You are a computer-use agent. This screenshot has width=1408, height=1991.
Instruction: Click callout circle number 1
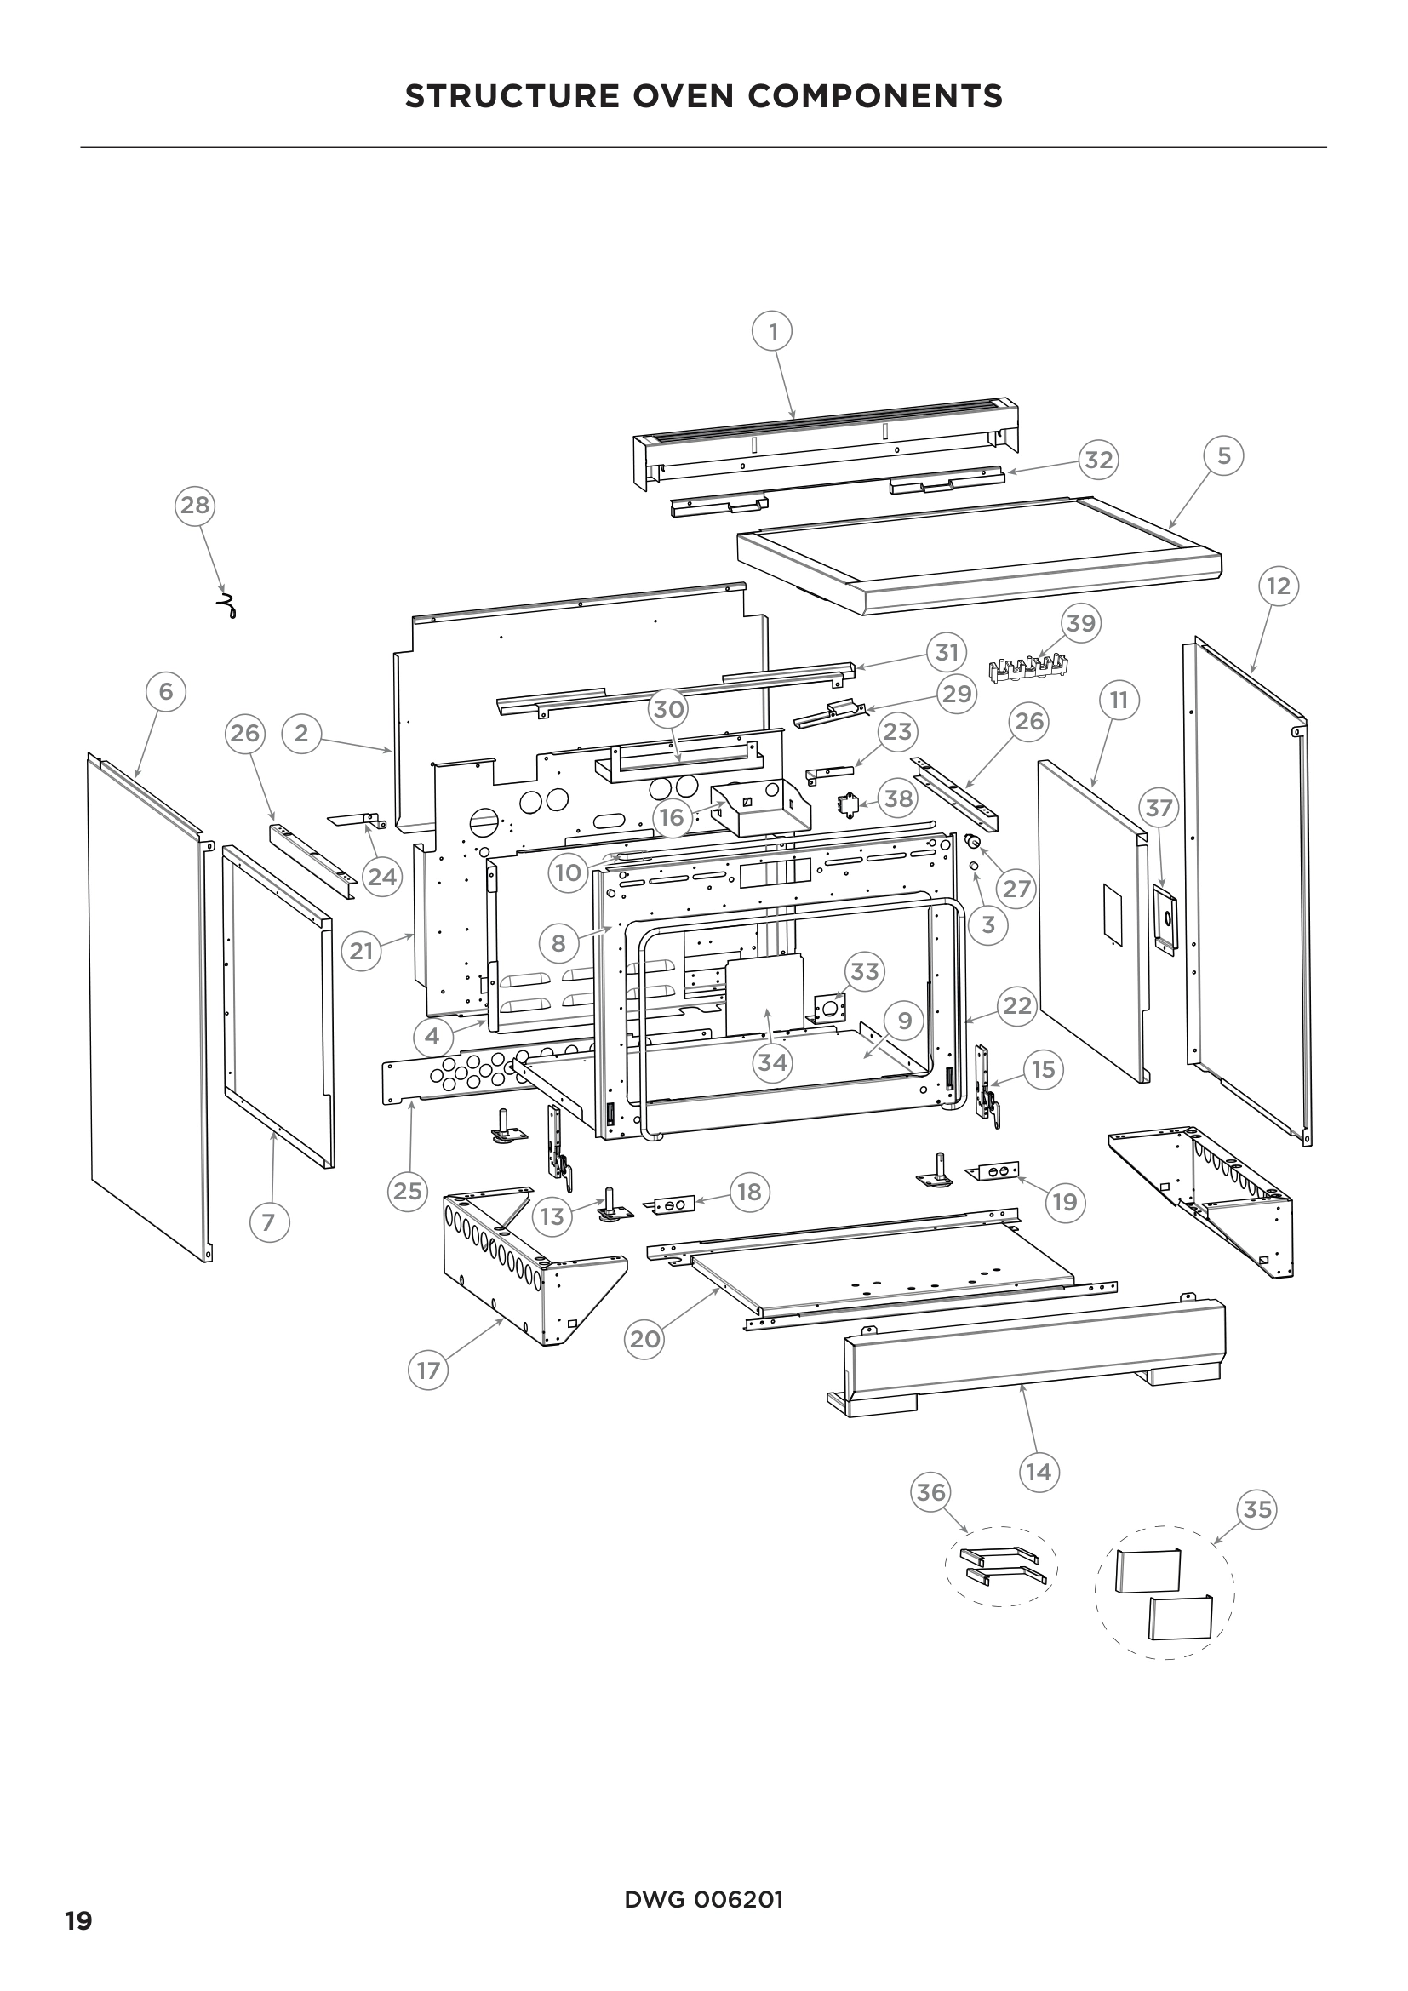click(x=772, y=331)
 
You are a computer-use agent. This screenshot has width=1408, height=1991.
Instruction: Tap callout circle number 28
click(x=195, y=505)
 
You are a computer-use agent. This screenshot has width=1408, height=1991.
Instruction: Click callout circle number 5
click(x=1223, y=456)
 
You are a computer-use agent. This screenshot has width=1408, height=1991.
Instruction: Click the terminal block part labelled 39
click(x=1029, y=667)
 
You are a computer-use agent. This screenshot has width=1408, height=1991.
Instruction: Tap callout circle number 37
click(x=1159, y=808)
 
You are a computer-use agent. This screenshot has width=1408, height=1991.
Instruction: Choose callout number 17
click(x=428, y=1371)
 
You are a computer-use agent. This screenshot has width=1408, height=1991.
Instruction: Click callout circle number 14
click(x=1038, y=1472)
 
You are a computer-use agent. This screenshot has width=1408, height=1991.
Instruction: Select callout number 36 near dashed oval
click(x=930, y=1492)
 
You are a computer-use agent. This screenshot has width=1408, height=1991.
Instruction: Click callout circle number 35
click(x=1257, y=1510)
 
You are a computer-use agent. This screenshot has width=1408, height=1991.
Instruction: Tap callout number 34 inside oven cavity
click(x=772, y=1062)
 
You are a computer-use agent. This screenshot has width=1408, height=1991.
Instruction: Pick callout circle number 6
click(x=166, y=691)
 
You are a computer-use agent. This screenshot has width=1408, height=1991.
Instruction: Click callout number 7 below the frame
click(x=269, y=1222)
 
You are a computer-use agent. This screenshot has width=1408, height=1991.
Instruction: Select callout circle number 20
click(x=644, y=1340)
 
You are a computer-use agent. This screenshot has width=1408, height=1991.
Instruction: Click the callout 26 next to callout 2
click(x=244, y=734)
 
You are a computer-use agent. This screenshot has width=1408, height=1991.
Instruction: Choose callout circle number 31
click(x=947, y=652)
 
